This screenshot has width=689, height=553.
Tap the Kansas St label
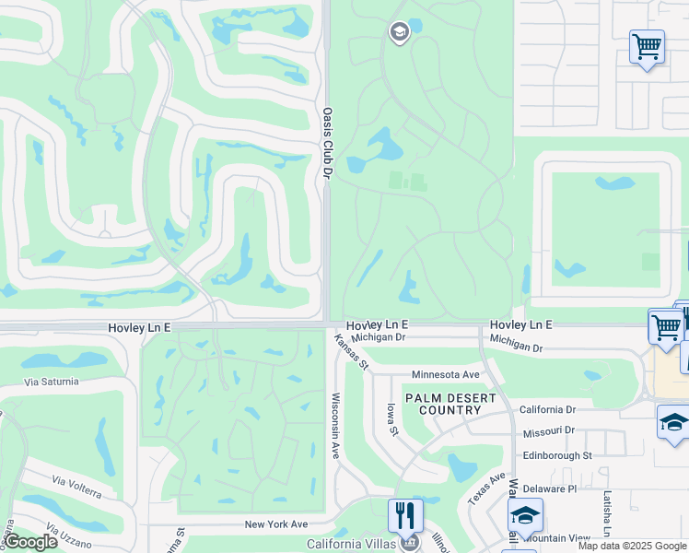(352, 353)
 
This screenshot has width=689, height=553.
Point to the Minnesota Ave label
(446, 375)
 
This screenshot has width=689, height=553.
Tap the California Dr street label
(547, 409)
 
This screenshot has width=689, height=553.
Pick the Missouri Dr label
(547, 430)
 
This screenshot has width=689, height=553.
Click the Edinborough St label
(556, 455)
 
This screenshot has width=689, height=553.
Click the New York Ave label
(276, 524)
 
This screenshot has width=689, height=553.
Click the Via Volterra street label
(76, 488)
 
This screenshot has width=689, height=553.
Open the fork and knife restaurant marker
(405, 514)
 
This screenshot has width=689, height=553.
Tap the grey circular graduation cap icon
(399, 33)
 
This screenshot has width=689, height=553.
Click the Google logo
(30, 542)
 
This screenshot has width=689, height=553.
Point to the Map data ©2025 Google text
(631, 546)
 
